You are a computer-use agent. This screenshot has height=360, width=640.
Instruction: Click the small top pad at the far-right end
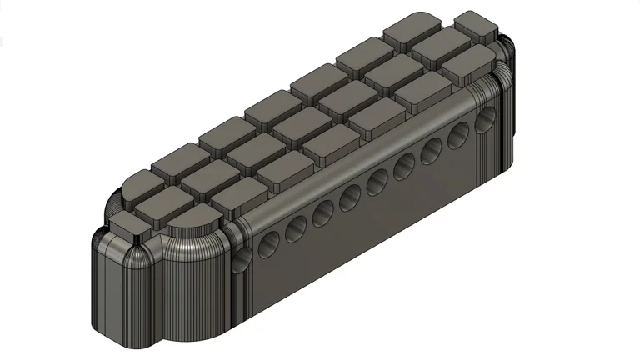point(476,25)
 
